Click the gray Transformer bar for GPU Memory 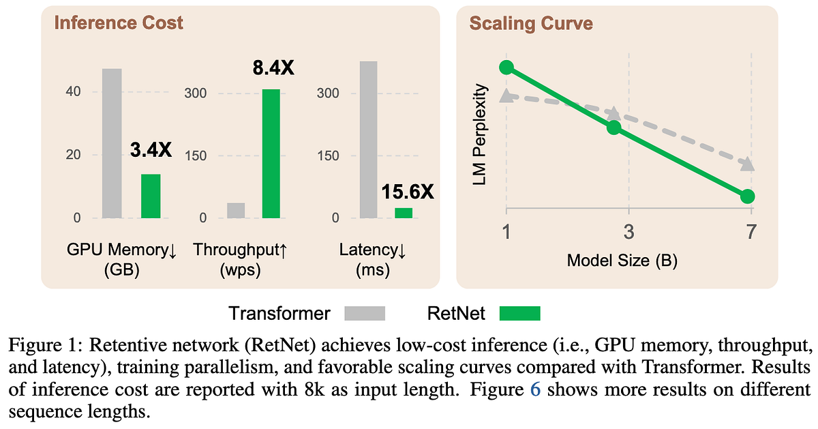click(x=112, y=143)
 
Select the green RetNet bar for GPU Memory click(x=151, y=196)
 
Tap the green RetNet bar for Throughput click(x=271, y=153)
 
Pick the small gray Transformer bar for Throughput click(x=236, y=210)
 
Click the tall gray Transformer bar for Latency click(x=369, y=140)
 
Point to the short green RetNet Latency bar click(x=404, y=213)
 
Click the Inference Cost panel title click(x=119, y=23)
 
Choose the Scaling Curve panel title click(x=531, y=24)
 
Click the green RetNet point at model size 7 click(x=747, y=196)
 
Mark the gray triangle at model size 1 click(x=506, y=95)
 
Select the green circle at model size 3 click(x=614, y=128)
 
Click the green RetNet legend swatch click(x=520, y=313)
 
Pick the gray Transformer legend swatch click(x=365, y=313)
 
